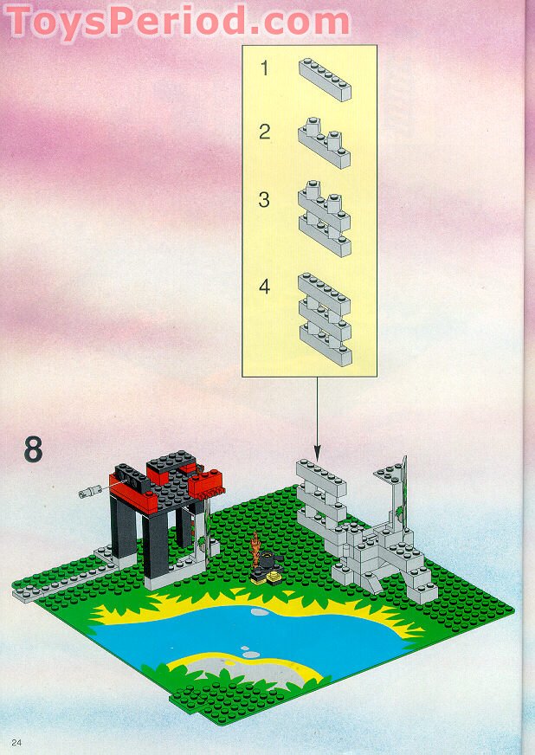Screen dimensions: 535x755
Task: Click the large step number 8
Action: (33, 449)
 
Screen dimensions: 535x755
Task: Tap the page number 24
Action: (16, 742)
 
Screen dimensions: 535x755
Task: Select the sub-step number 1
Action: (264, 68)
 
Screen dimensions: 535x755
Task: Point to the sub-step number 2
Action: (264, 132)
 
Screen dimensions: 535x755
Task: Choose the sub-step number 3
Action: (264, 199)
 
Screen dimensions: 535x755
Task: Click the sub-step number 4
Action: (264, 287)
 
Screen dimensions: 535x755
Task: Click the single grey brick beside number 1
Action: (325, 80)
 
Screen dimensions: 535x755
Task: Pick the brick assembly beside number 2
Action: (324, 143)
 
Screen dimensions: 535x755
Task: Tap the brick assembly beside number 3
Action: (325, 218)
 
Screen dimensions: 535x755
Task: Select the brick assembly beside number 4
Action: (325, 319)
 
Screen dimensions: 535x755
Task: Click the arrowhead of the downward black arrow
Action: (317, 453)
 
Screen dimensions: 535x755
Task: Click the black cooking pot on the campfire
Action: (267, 560)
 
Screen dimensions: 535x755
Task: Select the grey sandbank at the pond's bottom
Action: (241, 668)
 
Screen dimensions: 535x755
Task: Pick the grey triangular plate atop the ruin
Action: (390, 473)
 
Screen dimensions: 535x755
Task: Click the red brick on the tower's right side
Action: (206, 483)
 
